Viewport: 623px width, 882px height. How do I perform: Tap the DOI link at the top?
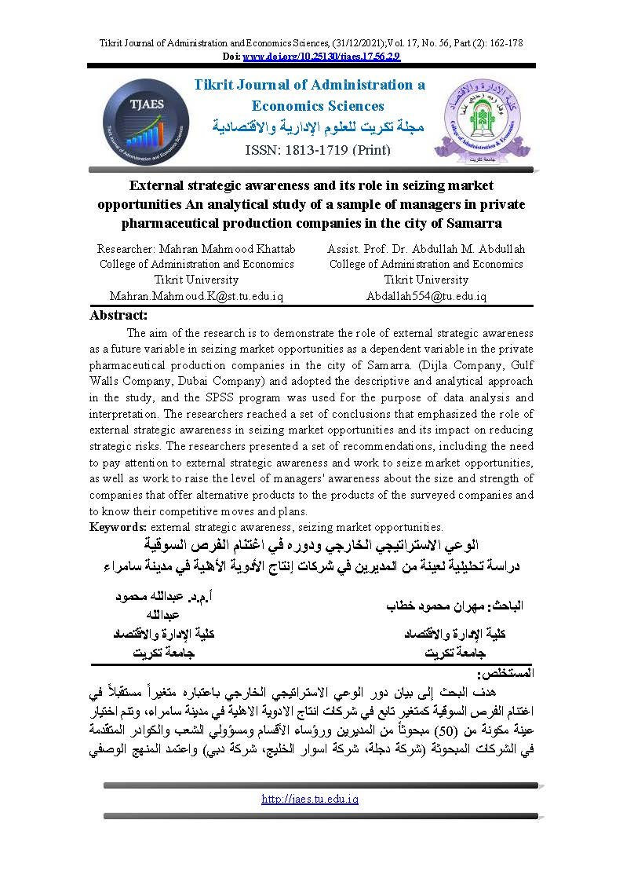(x=311, y=57)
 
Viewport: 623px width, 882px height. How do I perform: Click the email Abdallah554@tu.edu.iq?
(x=426, y=296)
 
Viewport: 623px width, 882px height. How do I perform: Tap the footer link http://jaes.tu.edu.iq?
(x=310, y=799)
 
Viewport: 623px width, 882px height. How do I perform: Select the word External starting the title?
(x=156, y=186)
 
